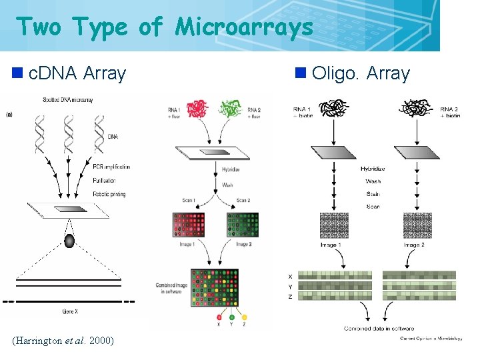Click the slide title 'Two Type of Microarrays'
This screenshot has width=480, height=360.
[x=164, y=27]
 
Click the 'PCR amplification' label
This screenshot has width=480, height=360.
[x=111, y=167]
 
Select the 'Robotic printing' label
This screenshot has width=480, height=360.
[x=109, y=194]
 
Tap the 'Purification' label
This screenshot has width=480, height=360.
[x=104, y=180]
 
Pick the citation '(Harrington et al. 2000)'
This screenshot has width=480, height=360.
[x=63, y=341]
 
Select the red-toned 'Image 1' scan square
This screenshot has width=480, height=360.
[x=188, y=225]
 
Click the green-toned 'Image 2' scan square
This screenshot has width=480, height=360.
[x=243, y=225]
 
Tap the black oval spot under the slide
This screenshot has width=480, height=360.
[x=69, y=241]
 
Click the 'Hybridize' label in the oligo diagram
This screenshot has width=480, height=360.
[x=373, y=169]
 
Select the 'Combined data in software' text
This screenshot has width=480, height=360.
[x=379, y=328]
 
